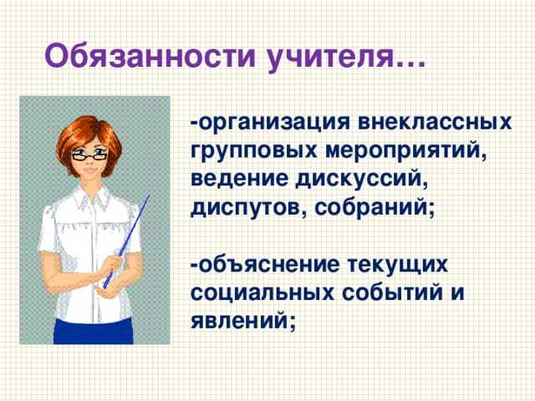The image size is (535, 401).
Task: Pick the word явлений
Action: pos(243,322)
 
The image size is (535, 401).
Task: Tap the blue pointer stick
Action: pos(129,238)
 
